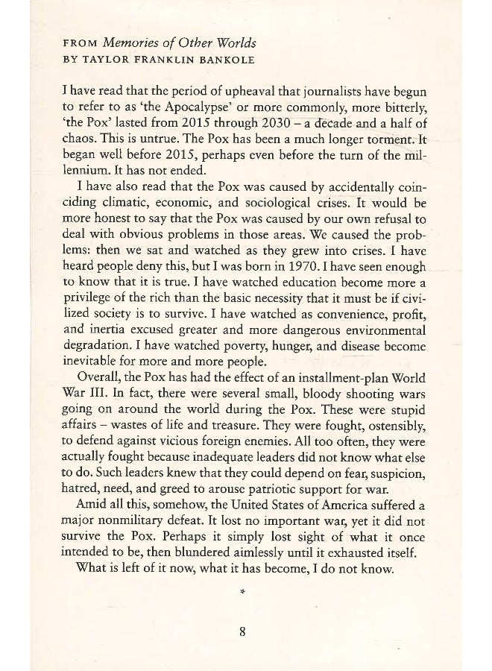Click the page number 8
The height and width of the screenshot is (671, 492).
click(x=242, y=632)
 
